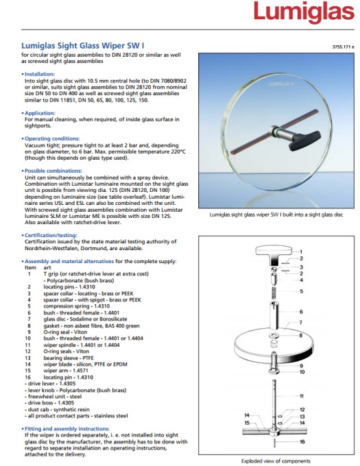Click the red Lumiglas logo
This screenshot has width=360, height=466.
(304, 12)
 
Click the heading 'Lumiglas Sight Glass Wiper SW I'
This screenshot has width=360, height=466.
(83, 46)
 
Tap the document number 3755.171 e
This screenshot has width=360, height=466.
(343, 47)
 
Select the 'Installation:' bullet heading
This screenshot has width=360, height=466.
(40, 74)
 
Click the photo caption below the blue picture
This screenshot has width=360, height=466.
(276, 214)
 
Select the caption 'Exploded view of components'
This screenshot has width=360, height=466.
(276, 461)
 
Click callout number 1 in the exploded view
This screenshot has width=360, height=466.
(301, 252)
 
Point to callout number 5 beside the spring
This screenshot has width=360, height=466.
(302, 291)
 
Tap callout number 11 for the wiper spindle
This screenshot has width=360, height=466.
(302, 396)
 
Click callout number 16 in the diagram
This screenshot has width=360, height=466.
(302, 441)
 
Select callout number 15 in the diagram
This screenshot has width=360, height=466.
(247, 423)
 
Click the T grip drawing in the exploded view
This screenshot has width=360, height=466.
(274, 255)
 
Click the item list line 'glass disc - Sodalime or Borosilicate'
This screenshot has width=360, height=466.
(85, 319)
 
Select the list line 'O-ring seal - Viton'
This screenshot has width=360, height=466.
(65, 332)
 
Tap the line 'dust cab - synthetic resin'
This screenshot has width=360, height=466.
(57, 409)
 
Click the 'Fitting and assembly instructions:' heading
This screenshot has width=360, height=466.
(67, 428)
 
